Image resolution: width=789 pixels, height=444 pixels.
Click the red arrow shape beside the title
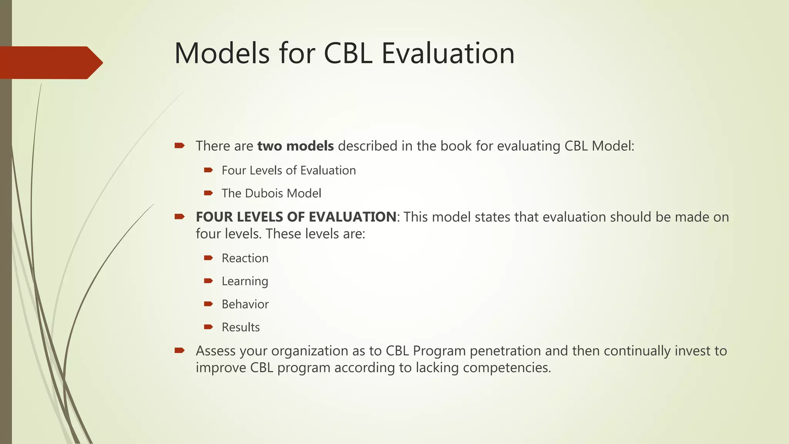[x=50, y=62]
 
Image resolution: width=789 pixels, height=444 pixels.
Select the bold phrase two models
[x=295, y=146]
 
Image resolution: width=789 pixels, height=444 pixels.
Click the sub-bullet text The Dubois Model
[x=271, y=193]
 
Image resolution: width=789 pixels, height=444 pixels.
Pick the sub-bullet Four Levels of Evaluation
[x=289, y=170]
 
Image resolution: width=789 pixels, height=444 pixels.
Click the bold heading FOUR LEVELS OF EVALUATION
[x=295, y=217]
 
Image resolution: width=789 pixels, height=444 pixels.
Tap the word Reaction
[x=245, y=258]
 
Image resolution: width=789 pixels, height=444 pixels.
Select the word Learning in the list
[x=245, y=281]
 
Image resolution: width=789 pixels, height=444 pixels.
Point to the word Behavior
[x=245, y=304]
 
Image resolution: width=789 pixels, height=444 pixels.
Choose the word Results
[x=240, y=327]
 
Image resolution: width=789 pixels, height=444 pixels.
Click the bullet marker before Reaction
[x=208, y=258]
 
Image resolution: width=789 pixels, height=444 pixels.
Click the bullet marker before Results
[x=208, y=327]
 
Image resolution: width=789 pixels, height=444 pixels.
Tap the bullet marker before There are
[x=180, y=146]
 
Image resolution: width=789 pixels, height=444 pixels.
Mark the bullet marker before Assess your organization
[x=180, y=350]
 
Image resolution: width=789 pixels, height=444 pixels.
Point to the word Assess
[x=216, y=351]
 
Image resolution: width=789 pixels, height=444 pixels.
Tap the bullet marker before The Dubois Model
[x=208, y=193]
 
